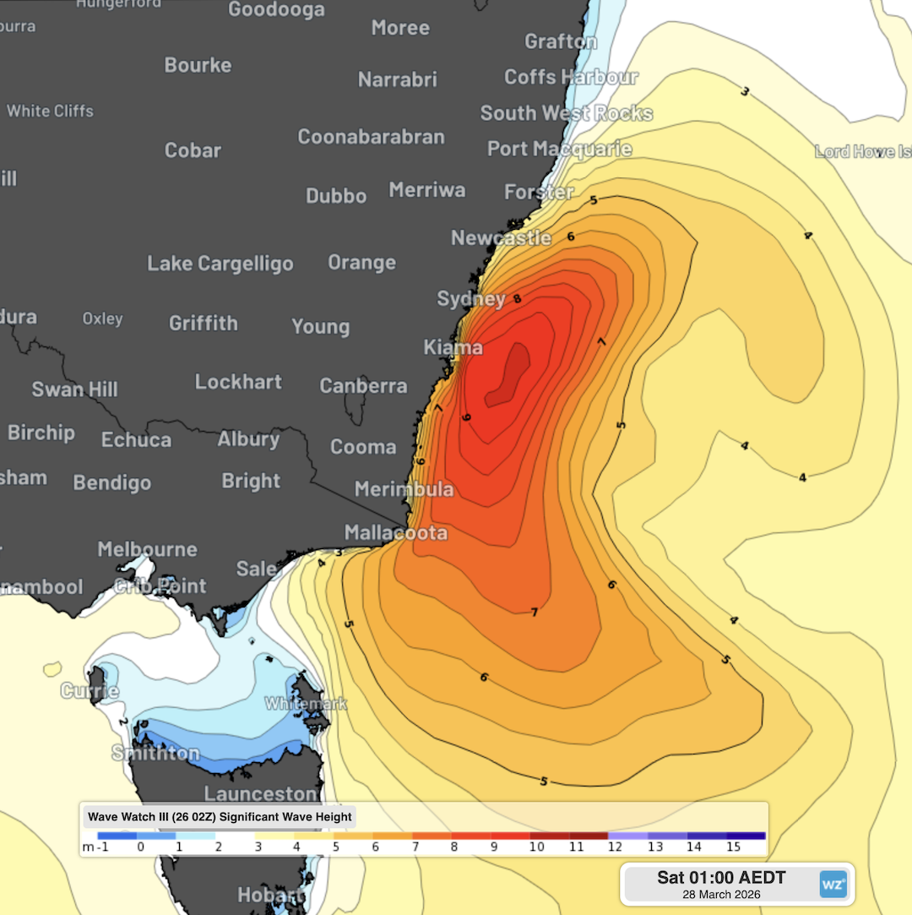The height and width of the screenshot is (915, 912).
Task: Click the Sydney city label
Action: click(471, 299)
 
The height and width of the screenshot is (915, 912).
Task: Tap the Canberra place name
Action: click(363, 386)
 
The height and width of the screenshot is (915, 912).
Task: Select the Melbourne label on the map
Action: click(147, 549)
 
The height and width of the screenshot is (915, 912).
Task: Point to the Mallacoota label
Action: click(396, 533)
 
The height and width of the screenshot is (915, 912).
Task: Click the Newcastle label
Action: click(501, 238)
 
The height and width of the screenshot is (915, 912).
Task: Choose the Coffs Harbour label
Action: click(571, 77)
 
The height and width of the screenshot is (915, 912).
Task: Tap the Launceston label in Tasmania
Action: click(260, 794)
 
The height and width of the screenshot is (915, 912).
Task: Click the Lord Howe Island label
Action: click(862, 152)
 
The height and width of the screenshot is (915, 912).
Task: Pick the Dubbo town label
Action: click(336, 196)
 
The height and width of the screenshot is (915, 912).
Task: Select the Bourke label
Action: click(198, 65)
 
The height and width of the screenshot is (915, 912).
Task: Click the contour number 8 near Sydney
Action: click(517, 299)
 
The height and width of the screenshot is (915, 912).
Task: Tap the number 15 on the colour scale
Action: click(733, 847)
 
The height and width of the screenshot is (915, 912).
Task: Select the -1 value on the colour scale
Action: click(101, 847)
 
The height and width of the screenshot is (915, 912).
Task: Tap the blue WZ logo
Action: click(833, 884)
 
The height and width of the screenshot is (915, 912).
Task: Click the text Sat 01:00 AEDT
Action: click(721, 878)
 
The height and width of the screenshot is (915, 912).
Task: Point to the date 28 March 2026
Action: click(721, 895)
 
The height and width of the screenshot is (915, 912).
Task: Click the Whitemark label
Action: click(294, 703)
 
